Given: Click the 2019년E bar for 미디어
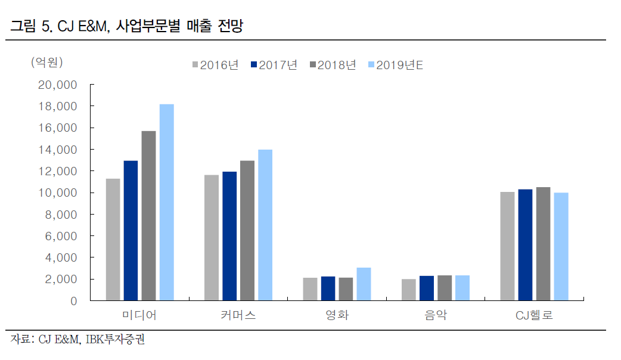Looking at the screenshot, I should pos(166,203).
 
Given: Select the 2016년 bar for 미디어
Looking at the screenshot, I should pos(113,240).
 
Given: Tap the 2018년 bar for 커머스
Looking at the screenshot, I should pos(247,231).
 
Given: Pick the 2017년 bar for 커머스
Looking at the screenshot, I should pos(229,236).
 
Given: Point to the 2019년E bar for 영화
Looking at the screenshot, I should pos(364,284).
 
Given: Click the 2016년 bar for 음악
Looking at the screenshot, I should pos(409,290).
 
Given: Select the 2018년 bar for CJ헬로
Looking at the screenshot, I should pos(543,244).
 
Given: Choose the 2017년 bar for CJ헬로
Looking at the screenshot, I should pos(525,245).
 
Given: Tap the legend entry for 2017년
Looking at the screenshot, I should pos(274,65).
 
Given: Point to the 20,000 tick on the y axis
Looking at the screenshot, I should pos(57,85).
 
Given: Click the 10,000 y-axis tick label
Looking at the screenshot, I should pos(57,193).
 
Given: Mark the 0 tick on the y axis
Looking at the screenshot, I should pos(73,301).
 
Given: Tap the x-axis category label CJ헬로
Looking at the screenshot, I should pos(534,315).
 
